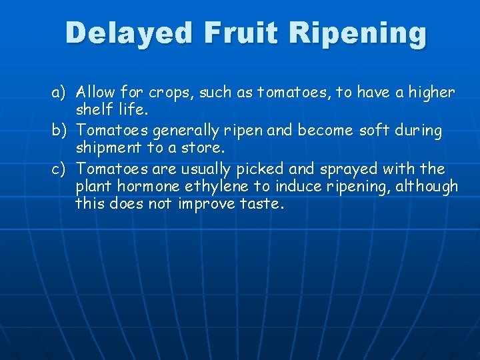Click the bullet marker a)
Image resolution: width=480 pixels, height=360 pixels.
61,92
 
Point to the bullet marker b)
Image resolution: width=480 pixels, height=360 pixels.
61,130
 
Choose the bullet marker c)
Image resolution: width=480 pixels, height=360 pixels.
61,168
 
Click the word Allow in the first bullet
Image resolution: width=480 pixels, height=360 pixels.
96,92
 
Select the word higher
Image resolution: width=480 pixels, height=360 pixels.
429,92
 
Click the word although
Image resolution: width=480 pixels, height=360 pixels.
427,187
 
